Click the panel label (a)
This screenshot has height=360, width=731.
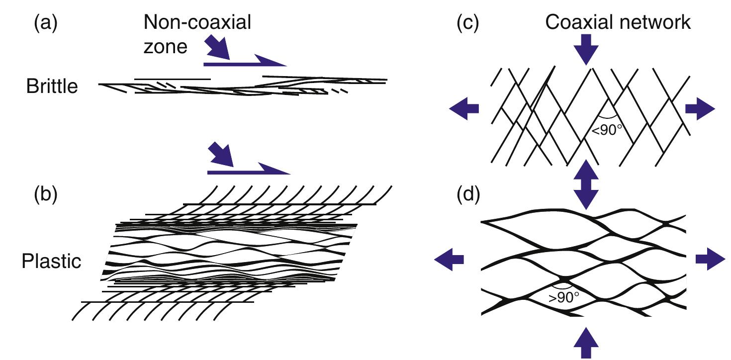click(45, 24)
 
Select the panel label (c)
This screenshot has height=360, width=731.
click(467, 24)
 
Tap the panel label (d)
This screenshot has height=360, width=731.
click(467, 196)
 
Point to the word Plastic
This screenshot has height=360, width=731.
click(51, 261)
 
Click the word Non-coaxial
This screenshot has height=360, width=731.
click(197, 23)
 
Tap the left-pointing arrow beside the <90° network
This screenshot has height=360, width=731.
click(464, 108)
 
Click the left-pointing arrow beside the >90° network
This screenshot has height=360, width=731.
click(450, 259)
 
